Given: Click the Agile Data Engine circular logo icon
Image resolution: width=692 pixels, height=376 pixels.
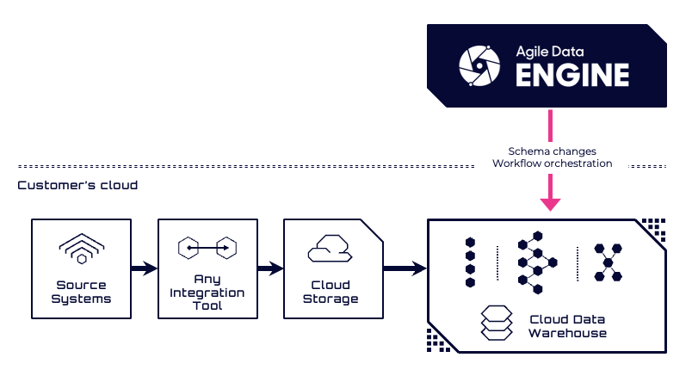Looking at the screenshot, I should pyautogui.click(x=479, y=65).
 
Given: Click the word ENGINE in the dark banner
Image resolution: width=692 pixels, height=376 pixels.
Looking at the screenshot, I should pyautogui.click(x=572, y=75).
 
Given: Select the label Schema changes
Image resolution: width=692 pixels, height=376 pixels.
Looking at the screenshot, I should pyautogui.click(x=552, y=151).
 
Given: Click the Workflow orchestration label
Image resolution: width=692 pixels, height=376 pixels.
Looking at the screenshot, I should pyautogui.click(x=552, y=163).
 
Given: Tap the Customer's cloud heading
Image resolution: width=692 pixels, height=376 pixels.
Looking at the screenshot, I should pyautogui.click(x=77, y=185).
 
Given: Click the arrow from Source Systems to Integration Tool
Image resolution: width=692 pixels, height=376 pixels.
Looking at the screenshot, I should pyautogui.click(x=144, y=268).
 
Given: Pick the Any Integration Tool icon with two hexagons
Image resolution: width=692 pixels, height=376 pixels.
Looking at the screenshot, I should pyautogui.click(x=207, y=248).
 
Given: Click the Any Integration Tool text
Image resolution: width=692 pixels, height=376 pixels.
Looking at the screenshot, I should pyautogui.click(x=207, y=293).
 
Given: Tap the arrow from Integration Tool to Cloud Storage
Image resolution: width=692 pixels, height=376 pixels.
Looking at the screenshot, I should pyautogui.click(x=269, y=268).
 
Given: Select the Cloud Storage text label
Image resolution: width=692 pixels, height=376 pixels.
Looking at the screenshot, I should pyautogui.click(x=331, y=292).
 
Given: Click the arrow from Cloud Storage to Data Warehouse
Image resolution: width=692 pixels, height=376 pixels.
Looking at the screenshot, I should pyautogui.click(x=405, y=268).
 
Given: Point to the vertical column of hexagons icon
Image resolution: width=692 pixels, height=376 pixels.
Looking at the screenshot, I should pyautogui.click(x=470, y=262).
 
